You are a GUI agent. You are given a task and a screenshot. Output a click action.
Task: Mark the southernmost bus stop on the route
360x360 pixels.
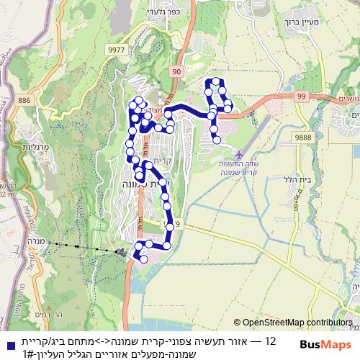point(144,259)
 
